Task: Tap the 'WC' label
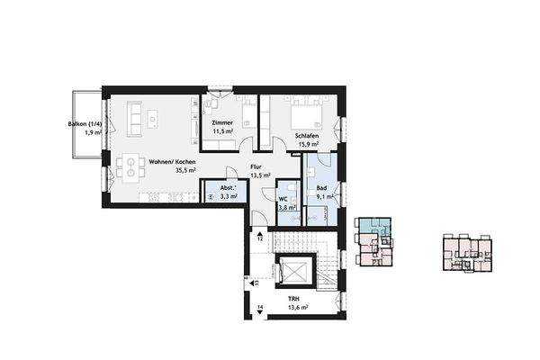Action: point(283,198)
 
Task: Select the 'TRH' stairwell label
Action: point(293,298)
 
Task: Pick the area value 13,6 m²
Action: point(298,307)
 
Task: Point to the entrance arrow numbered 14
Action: point(259,309)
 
